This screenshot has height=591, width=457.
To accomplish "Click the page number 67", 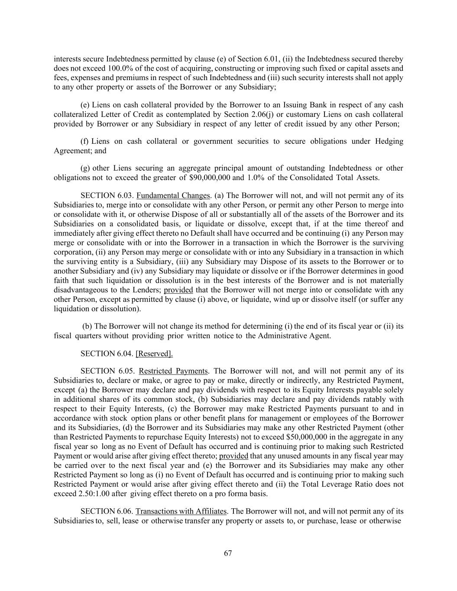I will pyautogui.click(x=228, y=553).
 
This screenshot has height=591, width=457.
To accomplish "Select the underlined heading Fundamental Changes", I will pyautogui.click(x=173, y=195).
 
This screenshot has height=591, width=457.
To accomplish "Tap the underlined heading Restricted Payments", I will pyautogui.click(x=173, y=371).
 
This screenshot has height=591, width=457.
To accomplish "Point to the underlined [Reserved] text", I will pyautogui.click(x=154, y=354).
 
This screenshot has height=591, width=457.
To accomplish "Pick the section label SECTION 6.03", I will pyautogui.click(x=107, y=195).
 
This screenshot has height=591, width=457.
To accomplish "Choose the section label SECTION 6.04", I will pyautogui.click(x=107, y=354).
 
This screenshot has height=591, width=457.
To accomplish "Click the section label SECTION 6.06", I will pyautogui.click(x=107, y=511).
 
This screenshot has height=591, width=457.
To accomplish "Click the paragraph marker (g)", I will pyautogui.click(x=85, y=168).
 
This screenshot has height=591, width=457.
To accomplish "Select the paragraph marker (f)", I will pyautogui.click(x=85, y=141).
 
